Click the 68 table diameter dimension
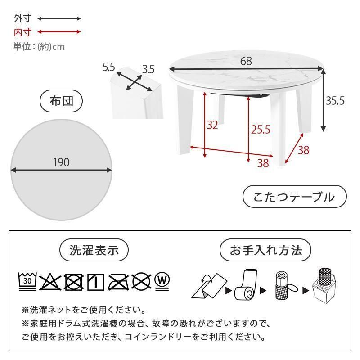pos(246,61)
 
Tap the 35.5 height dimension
pos(335,100)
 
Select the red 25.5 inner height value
pos(261,130)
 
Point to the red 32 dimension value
pos(212,125)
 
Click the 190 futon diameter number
pos(61,162)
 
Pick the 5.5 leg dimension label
pos(108,67)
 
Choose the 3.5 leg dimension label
pos(148,69)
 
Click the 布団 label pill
pos(61,101)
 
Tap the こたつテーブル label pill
pos(295,197)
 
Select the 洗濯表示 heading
pos(94,250)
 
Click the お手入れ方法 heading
pos(265,250)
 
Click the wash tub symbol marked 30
pos(27,282)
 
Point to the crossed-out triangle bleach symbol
pos(50,282)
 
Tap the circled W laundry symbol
pos(162,282)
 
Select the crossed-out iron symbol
pos(119,282)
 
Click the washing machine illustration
pos(324,286)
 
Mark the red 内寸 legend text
pos(22,32)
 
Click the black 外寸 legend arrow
pos(59,18)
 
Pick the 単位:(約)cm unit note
pos(39,47)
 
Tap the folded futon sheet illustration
pos(209,286)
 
